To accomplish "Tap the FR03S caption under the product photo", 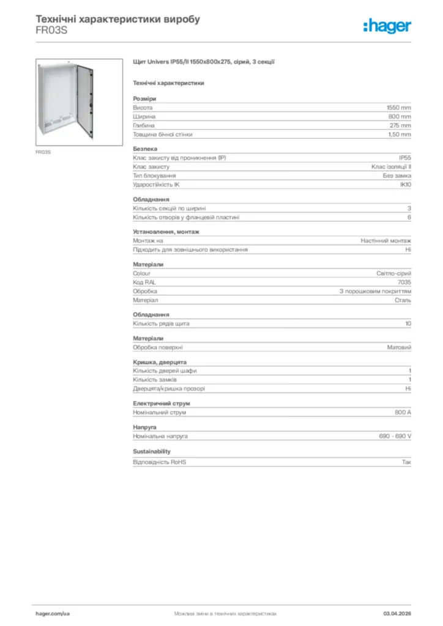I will click(42, 152).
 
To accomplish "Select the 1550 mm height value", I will click(400, 107).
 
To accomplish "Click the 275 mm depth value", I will click(401, 125).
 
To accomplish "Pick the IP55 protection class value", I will click(405, 158).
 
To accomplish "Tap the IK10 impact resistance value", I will click(406, 185).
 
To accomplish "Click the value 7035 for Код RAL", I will click(404, 282).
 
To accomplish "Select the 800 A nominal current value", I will click(403, 413).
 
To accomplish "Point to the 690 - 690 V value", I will click(395, 436).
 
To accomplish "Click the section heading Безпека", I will click(145, 149).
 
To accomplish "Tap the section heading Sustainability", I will click(152, 451).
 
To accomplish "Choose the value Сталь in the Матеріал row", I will click(403, 301).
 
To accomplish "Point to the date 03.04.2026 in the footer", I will click(397, 613).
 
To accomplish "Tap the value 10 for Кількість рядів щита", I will click(408, 323).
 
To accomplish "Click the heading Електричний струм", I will click(162, 403).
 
